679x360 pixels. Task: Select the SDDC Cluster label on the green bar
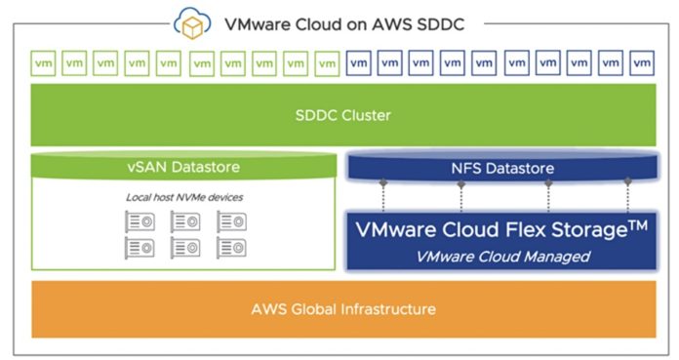pyautogui.click(x=343, y=115)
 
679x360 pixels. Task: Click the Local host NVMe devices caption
pyautogui.click(x=184, y=197)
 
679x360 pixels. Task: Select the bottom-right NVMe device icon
pyautogui.click(x=230, y=246)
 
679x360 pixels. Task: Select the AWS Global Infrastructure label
pyautogui.click(x=343, y=309)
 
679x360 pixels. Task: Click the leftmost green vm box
pyautogui.click(x=44, y=63)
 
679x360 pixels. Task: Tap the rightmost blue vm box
pyautogui.click(x=641, y=63)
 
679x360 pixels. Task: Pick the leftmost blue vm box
pyautogui.click(x=358, y=63)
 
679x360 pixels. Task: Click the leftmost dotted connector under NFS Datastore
pyautogui.click(x=382, y=197)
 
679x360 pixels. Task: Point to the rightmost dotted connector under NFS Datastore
pyautogui.click(x=627, y=197)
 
